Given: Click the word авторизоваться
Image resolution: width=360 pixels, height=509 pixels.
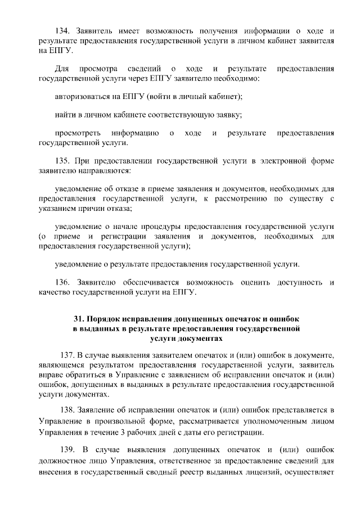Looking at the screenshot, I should pos(83,97).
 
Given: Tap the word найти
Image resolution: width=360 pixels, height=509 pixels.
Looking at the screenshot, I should pos(65,115).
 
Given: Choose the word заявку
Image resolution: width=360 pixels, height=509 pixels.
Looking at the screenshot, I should pos(229,115).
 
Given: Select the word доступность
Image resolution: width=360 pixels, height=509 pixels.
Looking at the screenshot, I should pos(301,281).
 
